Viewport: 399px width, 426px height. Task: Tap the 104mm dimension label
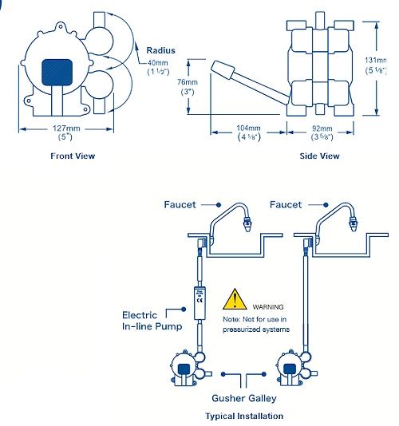click(249, 132)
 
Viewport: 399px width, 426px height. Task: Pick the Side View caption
click(319, 156)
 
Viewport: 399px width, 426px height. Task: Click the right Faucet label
click(286, 205)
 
